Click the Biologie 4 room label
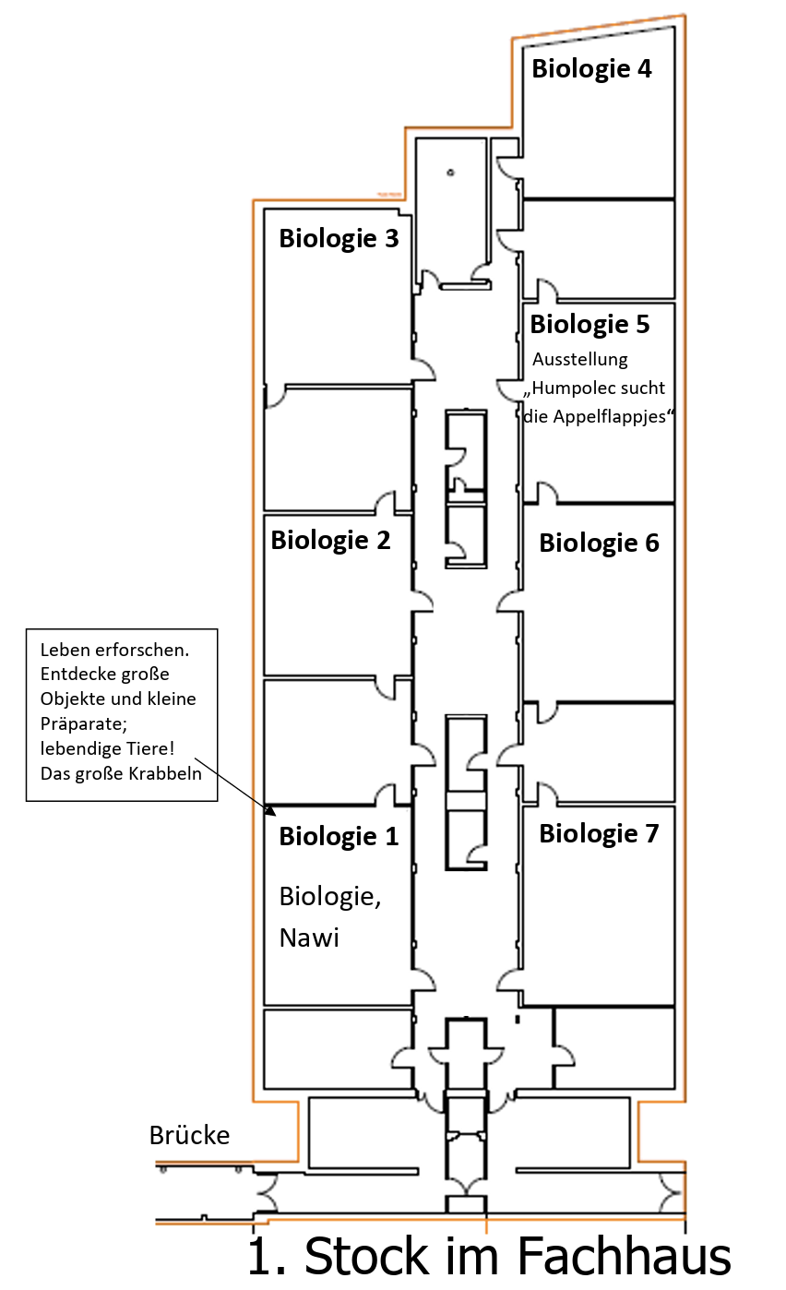click(591, 69)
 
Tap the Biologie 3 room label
click(339, 239)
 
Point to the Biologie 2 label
click(330, 541)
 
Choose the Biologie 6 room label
click(599, 543)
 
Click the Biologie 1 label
click(339, 837)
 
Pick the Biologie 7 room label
click(599, 834)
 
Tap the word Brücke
click(189, 1135)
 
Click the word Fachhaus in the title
click(623, 1257)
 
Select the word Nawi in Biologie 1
click(309, 938)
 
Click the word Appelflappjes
click(609, 417)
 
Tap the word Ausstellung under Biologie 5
click(579, 360)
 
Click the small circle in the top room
click(450, 173)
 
